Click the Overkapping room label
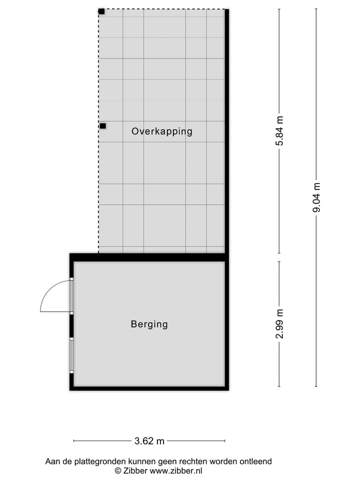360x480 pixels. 161,131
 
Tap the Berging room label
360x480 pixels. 149,324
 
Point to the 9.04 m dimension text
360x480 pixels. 316,197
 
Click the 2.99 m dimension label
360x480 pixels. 279,324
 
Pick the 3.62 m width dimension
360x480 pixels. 149,441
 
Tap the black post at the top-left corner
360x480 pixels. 101,11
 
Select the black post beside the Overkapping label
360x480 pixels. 102,126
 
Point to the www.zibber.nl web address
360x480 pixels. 176,470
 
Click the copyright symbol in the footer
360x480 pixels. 118,470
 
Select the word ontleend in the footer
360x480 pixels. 255,461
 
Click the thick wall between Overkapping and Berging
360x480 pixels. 149,257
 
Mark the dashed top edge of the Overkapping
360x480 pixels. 162,9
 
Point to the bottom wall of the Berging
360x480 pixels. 149,387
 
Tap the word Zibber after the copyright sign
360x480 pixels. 135,470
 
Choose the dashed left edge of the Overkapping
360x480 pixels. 98,190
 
